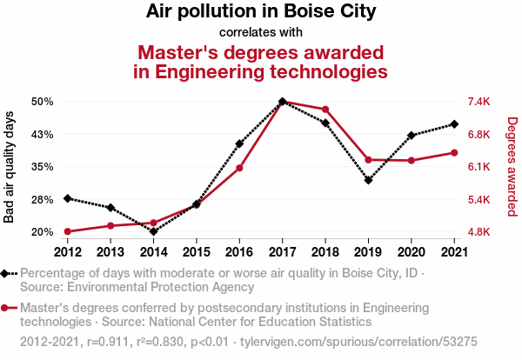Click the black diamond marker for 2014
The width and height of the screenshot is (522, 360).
tap(153, 231)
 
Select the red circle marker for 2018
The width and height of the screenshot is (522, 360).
tap(325, 110)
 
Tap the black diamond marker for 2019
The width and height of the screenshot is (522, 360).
tap(368, 180)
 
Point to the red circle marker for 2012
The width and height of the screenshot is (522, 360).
tap(68, 231)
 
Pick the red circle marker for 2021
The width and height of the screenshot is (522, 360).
tap(454, 153)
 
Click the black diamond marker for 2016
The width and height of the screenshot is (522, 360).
tap(239, 143)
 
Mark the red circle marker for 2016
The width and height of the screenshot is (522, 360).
tap(239, 168)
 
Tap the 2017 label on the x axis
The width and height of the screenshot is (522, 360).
tap(282, 252)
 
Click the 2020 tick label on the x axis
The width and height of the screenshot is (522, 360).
tap(412, 252)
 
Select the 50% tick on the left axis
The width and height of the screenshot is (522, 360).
tap(43, 102)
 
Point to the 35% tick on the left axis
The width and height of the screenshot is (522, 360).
tap(43, 166)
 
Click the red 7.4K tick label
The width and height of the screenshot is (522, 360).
tap(478, 102)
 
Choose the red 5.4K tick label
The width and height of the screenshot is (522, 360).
tap(478, 200)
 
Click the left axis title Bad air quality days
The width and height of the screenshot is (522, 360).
tap(9, 167)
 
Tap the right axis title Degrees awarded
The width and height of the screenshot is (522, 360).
tap(512, 167)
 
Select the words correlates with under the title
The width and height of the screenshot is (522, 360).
tap(261, 32)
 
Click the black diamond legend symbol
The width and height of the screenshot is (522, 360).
tap(4, 274)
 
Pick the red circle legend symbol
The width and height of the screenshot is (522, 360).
tap(4, 308)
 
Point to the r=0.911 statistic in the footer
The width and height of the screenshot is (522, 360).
tap(108, 342)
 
